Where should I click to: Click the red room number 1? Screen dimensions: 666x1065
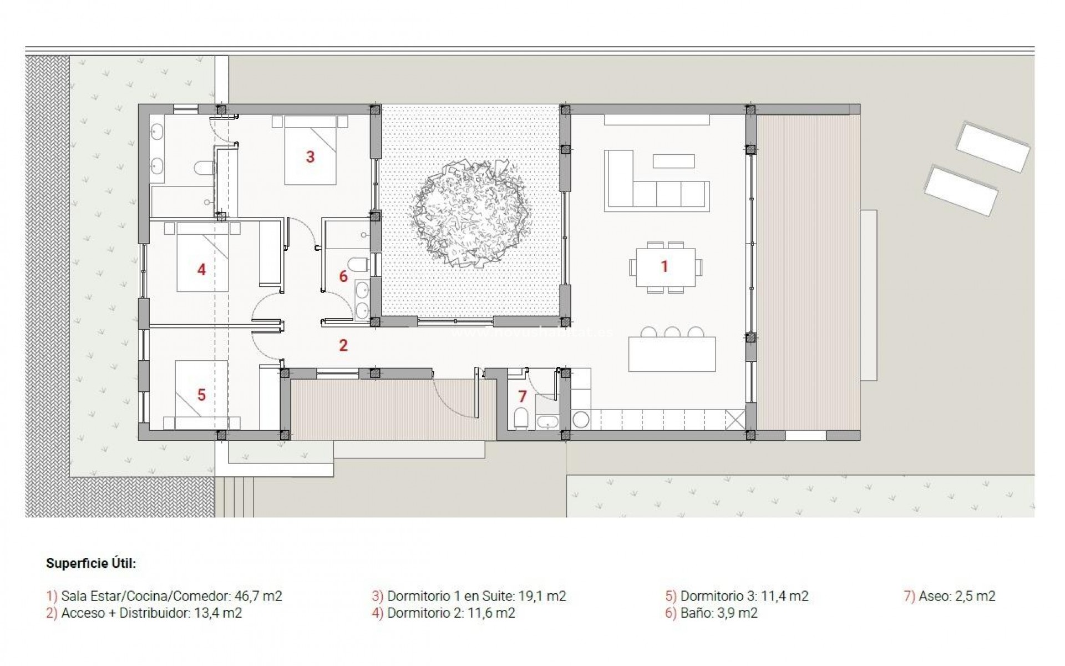pos(664,266)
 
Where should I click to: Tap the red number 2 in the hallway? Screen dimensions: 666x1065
pos(343,345)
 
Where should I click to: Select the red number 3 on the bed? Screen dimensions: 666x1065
pos(310,157)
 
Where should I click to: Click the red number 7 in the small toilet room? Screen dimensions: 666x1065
pos(522,396)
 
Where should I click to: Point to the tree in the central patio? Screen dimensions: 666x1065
pos(470,213)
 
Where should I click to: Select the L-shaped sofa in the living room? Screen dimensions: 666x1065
pos(643,189)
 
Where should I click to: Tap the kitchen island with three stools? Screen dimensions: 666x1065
pos(672,354)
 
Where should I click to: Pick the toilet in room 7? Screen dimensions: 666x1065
pos(521,418)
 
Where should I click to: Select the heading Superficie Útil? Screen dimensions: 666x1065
pos(91,563)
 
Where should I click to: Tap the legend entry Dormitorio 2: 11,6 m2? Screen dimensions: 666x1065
pos(450,613)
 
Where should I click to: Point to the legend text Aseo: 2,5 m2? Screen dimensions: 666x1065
pos(956,596)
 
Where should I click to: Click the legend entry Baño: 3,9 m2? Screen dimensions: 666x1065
pos(718,613)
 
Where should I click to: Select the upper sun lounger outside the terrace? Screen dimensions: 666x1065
pos(992,147)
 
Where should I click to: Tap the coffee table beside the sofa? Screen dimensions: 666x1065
pos(673,161)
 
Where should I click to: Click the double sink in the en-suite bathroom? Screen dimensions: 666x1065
pos(157,149)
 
